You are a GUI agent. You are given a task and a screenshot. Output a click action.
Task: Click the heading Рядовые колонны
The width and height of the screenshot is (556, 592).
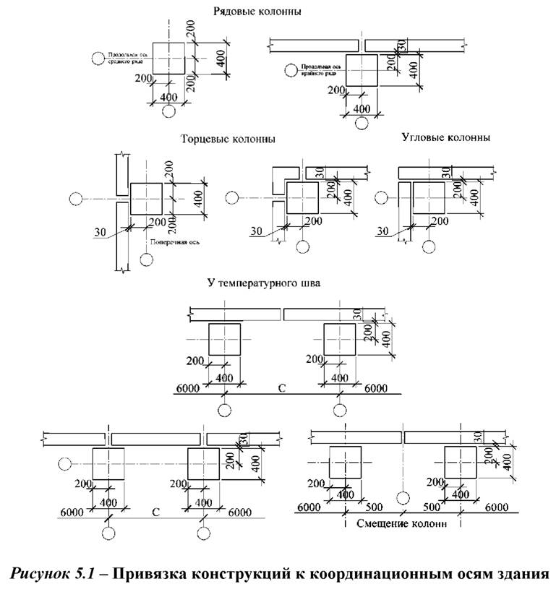(257, 12)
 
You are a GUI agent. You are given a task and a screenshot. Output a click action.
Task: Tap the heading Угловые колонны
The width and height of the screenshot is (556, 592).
(445, 137)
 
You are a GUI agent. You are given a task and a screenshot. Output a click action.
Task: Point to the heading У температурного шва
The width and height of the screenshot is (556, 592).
(263, 283)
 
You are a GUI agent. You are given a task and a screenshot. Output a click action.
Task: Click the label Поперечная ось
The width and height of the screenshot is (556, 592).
(170, 244)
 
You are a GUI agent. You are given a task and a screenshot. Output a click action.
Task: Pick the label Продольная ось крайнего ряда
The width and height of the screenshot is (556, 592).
(319, 70)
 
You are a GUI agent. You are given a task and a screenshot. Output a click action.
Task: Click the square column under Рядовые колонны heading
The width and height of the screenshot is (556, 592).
(169, 57)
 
